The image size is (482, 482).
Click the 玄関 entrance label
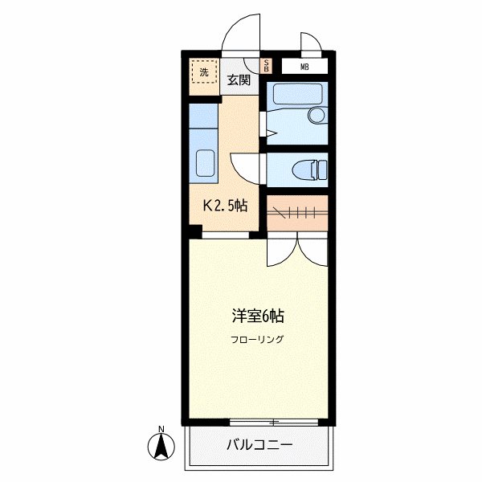coord(238,80)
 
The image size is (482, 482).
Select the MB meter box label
coord(304,67)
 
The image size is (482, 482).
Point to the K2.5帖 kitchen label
coord(224,205)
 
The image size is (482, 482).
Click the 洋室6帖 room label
coord(259,314)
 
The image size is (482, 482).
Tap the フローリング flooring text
coord(259,339)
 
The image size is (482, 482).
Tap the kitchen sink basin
coord(204,165)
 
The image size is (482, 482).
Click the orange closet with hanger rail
coord(297,212)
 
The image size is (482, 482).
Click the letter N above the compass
coord(161,427)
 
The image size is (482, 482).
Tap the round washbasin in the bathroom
coord(317,116)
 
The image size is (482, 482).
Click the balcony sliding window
coord(275,421)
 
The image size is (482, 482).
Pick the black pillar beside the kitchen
coord(194,233)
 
